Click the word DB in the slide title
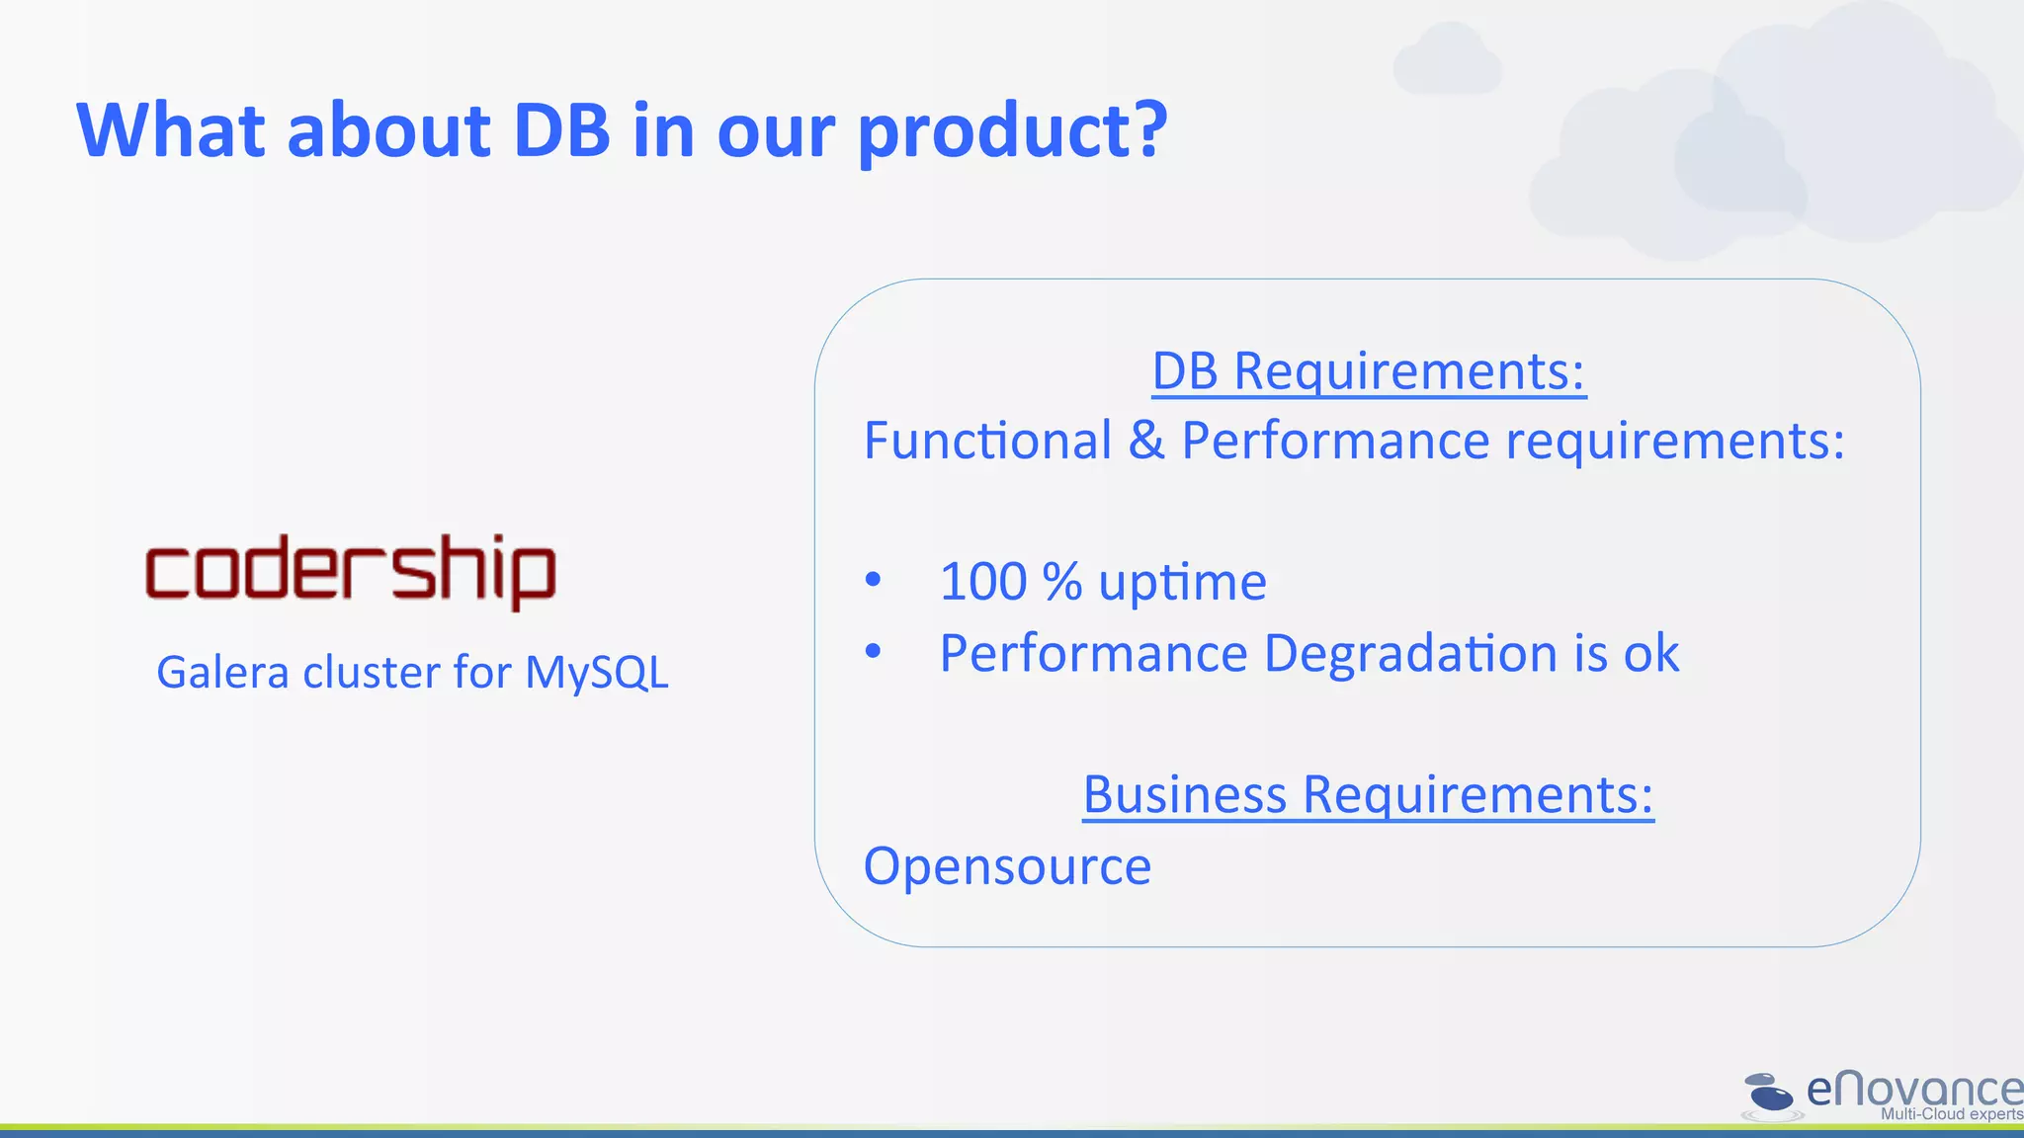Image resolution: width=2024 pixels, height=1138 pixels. click(x=561, y=130)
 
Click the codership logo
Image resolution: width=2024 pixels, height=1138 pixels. click(x=351, y=571)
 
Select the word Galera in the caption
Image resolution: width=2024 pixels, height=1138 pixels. click(x=222, y=674)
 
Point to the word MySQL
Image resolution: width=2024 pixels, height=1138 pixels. click(x=596, y=674)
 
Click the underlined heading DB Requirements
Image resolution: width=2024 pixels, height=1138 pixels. click(x=1369, y=373)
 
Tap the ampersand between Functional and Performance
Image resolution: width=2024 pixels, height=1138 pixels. click(x=1146, y=441)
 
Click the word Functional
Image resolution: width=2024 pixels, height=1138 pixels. click(x=987, y=441)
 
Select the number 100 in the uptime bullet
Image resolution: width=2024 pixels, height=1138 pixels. click(x=983, y=582)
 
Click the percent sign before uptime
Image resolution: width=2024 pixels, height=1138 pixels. click(x=1062, y=582)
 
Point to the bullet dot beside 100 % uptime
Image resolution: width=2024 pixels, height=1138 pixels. click(x=873, y=580)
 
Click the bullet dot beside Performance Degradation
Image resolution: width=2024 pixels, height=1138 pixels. click(x=873, y=651)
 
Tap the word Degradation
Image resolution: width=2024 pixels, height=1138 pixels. click(x=1410, y=654)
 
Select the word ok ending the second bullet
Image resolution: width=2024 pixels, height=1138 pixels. click(x=1650, y=654)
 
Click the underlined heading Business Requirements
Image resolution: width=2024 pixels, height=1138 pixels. click(x=1368, y=796)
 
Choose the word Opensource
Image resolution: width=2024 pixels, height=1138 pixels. click(x=1007, y=866)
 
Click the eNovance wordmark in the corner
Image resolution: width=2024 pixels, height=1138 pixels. click(x=1913, y=1090)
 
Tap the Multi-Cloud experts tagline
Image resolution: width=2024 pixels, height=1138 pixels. click(x=1951, y=1114)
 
